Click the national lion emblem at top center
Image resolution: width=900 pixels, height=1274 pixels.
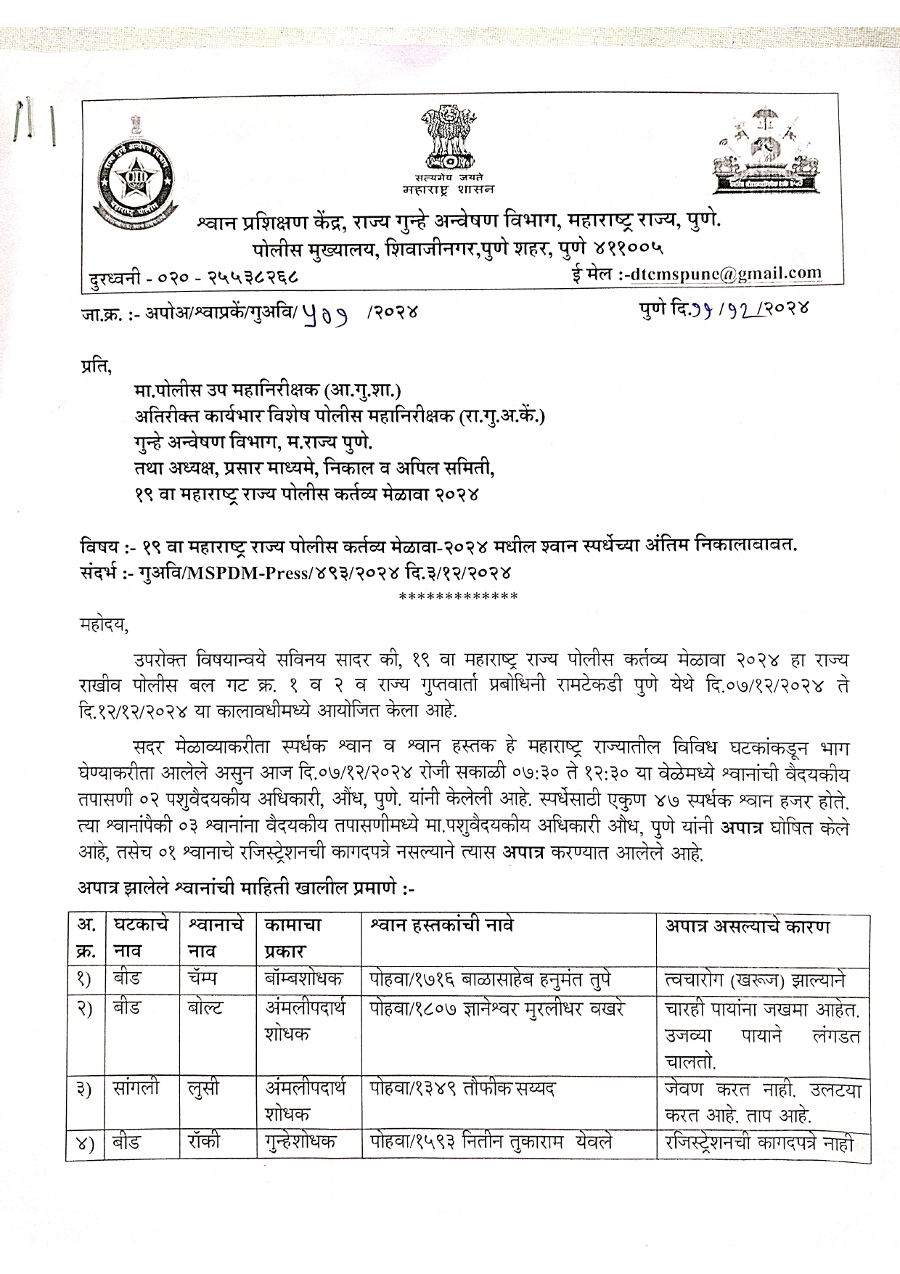(449, 138)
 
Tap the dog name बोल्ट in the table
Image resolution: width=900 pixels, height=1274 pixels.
(205, 1008)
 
